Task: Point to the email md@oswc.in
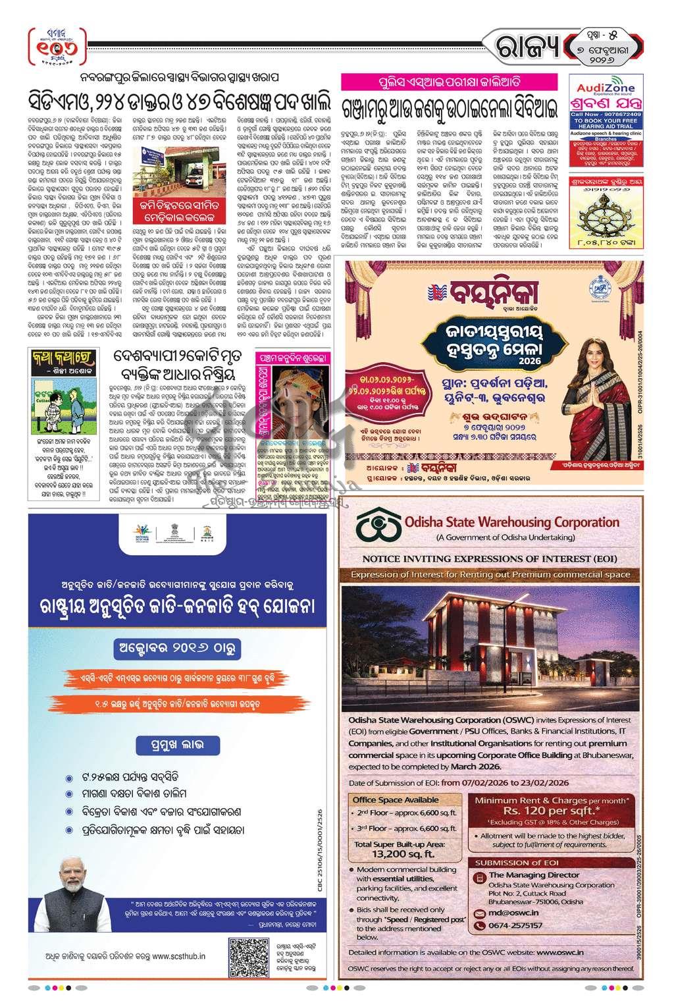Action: [511, 912]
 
